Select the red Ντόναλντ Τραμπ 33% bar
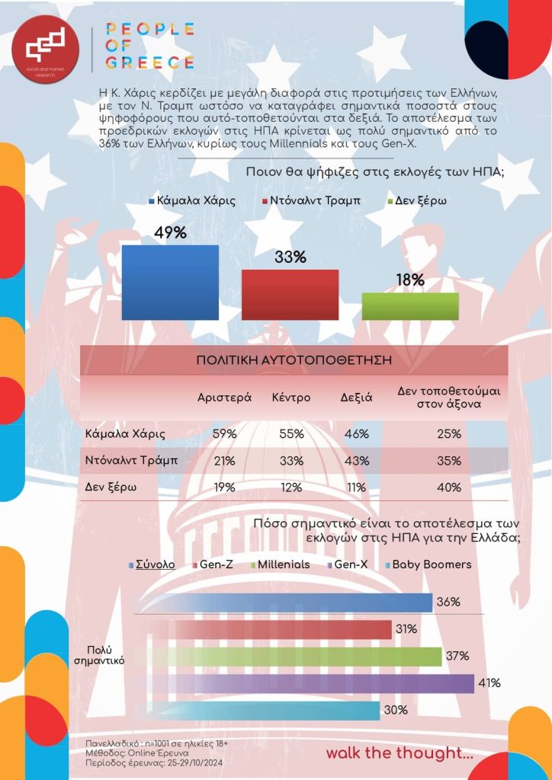[290, 294]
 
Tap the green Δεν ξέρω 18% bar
[410, 305]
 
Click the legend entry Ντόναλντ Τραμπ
[311, 201]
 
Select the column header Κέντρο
[290, 398]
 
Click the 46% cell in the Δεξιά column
[355, 434]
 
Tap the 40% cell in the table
[449, 487]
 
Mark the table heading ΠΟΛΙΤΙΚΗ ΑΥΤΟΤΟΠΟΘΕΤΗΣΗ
[294, 359]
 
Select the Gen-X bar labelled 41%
[305, 683]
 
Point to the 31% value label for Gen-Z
[406, 629]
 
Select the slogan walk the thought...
[400, 753]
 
